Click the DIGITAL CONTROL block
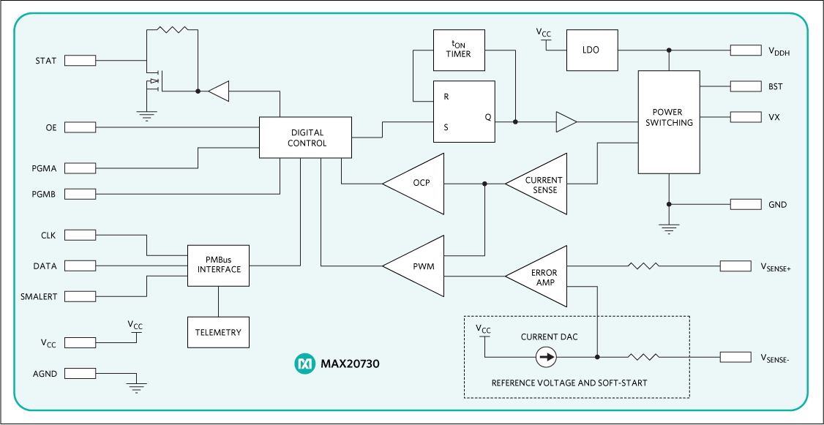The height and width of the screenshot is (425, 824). click(x=306, y=138)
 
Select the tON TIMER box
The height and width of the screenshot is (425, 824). click(x=459, y=50)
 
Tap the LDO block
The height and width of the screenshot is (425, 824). click(x=591, y=50)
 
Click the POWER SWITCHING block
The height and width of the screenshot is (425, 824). click(x=668, y=121)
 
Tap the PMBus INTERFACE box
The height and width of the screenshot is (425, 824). click(x=219, y=265)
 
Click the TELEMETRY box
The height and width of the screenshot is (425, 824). click(x=218, y=332)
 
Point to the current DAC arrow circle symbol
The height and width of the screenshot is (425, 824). click(x=546, y=357)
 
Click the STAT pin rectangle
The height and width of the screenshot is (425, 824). click(x=80, y=60)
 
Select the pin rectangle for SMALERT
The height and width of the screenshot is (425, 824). click(x=80, y=296)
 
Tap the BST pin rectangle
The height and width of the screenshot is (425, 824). click(x=745, y=86)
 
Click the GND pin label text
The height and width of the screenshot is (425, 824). click(x=777, y=205)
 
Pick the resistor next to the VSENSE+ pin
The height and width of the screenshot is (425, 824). click(x=643, y=266)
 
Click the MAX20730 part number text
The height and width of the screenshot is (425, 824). click(x=350, y=364)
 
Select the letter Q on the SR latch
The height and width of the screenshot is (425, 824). click(x=487, y=117)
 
